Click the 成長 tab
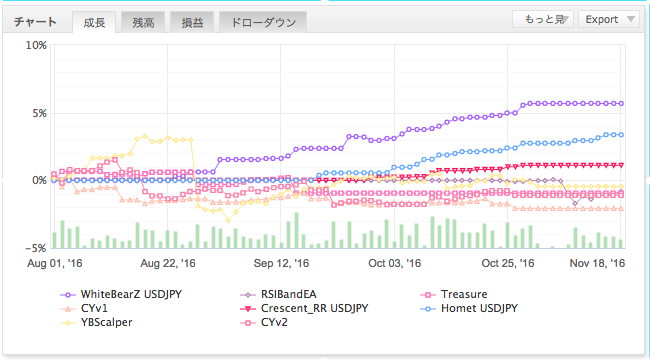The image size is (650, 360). pyautogui.click(x=94, y=22)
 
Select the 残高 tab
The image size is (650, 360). pyautogui.click(x=143, y=22)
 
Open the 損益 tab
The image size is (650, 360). pyautogui.click(x=192, y=22)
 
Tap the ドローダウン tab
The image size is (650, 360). pyautogui.click(x=263, y=22)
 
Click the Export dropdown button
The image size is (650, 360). pyautogui.click(x=609, y=19)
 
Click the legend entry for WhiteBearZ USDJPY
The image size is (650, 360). pyautogui.click(x=121, y=294)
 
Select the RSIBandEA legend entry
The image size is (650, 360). pyautogui.click(x=278, y=294)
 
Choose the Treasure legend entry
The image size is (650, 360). pyautogui.click(x=454, y=294)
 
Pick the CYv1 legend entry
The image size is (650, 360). pyautogui.click(x=84, y=309)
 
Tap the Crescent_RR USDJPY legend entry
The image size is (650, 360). pyautogui.click(x=304, y=309)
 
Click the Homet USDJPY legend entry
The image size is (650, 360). pyautogui.click(x=469, y=309)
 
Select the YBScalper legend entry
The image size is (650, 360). pyautogui.click(x=96, y=322)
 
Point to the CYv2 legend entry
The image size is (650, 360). pyautogui.click(x=264, y=322)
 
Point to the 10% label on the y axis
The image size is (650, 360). pyautogui.click(x=36, y=45)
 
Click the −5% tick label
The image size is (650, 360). pyautogui.click(x=36, y=248)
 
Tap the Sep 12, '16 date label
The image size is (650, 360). pyautogui.click(x=281, y=263)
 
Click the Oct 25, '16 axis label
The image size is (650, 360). pyautogui.click(x=508, y=263)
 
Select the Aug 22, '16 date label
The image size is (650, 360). pyautogui.click(x=168, y=263)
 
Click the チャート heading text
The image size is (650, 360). pyautogui.click(x=35, y=22)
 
